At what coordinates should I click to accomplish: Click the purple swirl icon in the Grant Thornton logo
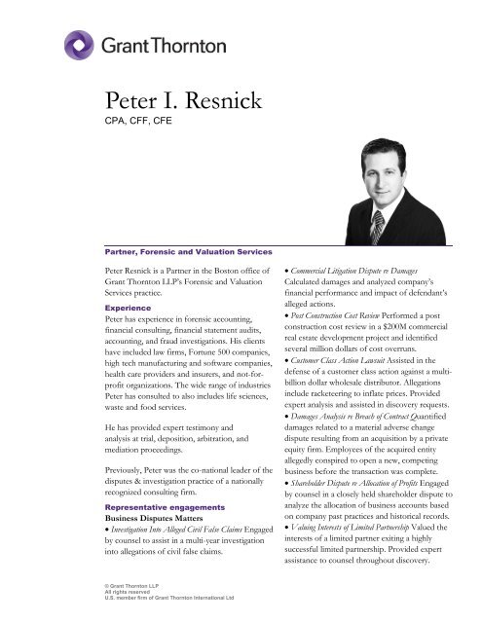click(x=82, y=46)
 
